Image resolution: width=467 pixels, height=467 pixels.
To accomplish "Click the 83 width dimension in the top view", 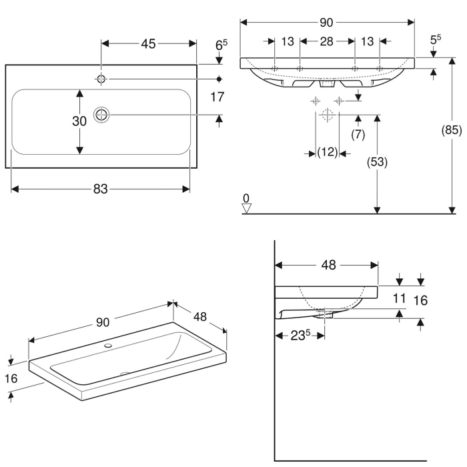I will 99,189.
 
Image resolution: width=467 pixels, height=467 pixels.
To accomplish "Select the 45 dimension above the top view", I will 148,44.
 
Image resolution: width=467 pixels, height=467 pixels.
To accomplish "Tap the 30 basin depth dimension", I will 79,121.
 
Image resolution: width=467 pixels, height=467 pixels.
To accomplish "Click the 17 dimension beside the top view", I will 217,97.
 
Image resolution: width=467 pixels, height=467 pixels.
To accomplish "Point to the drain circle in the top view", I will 101,115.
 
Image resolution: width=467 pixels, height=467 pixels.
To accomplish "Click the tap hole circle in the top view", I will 101,79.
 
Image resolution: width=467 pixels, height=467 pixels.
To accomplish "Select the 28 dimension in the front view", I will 326,42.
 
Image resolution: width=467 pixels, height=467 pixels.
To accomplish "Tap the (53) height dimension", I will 378,161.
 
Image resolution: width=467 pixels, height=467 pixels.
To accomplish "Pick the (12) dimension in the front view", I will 326,153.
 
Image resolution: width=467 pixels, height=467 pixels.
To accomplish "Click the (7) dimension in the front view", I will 358,134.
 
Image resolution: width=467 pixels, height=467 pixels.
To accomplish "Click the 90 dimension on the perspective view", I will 102,322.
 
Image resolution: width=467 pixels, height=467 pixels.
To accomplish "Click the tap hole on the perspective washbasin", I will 108,347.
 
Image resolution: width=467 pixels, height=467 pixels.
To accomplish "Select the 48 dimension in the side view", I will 328,265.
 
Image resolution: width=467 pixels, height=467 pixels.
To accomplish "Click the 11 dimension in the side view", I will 399,300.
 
